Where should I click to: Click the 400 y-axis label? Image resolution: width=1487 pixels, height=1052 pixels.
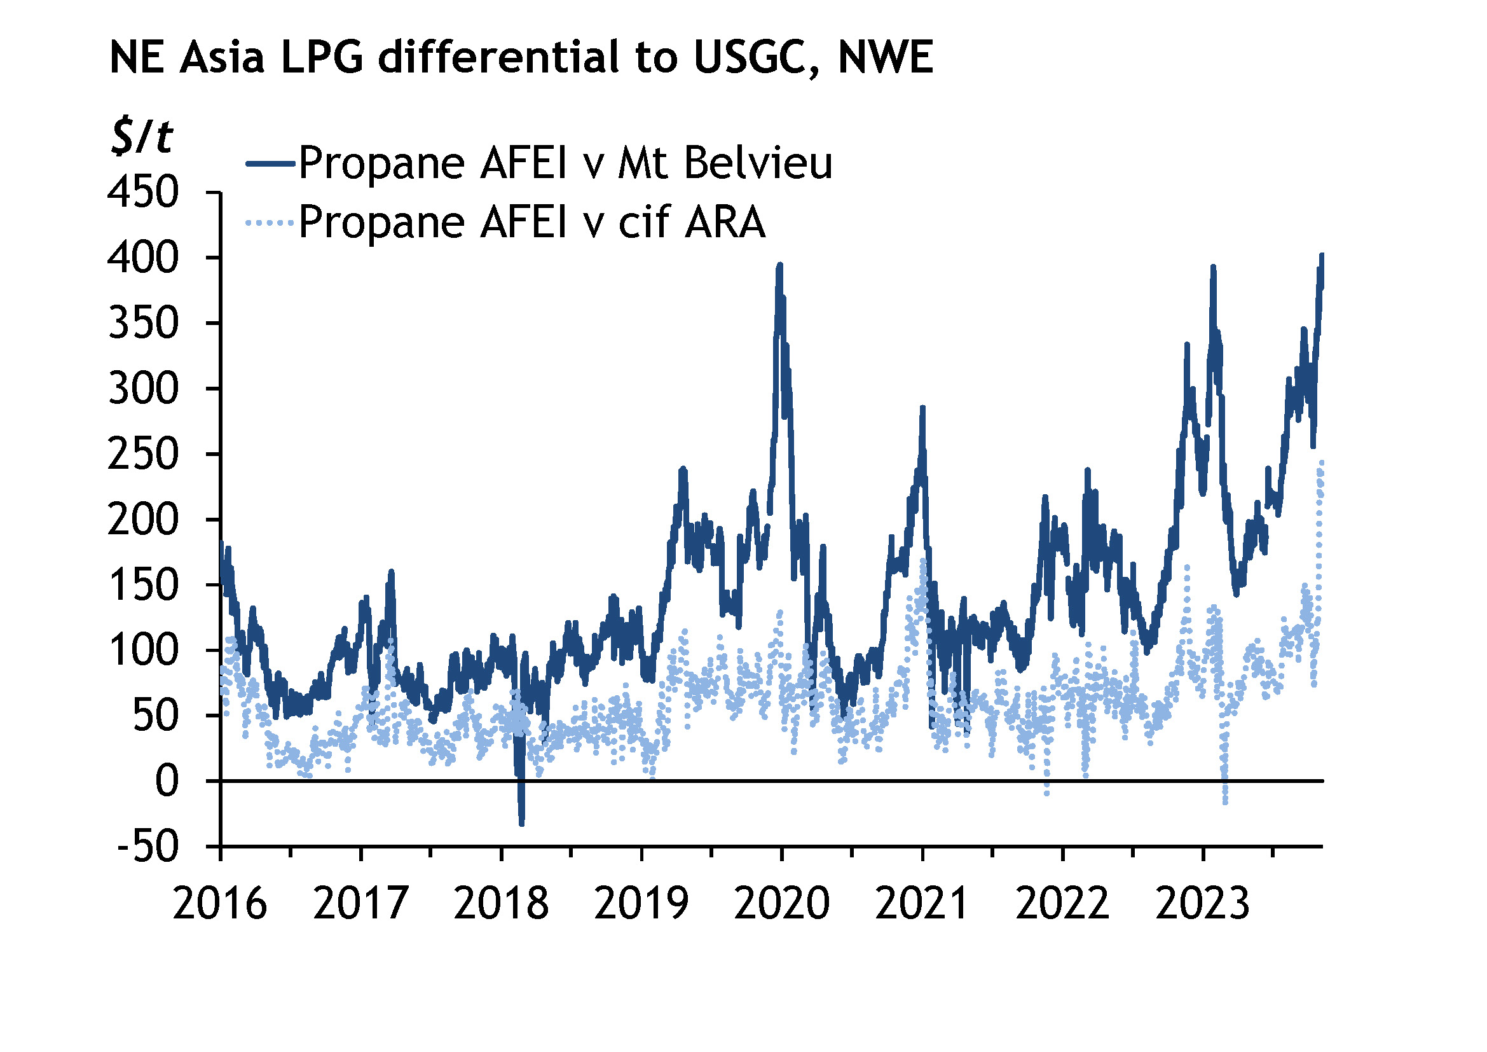[x=143, y=258]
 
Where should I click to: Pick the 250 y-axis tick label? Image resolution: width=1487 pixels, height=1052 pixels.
[x=143, y=454]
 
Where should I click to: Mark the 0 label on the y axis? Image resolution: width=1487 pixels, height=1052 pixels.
[x=167, y=781]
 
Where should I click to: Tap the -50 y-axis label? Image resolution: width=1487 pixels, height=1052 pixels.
[x=147, y=847]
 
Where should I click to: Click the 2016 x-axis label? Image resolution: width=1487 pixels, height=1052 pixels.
[x=219, y=904]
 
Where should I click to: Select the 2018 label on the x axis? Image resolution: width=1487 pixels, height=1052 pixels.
[x=500, y=904]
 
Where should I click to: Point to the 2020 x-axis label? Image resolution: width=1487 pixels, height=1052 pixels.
[x=782, y=904]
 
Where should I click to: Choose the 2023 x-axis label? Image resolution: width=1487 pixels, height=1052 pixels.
[x=1203, y=904]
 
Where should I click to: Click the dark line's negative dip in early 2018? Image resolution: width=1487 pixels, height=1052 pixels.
[x=521, y=821]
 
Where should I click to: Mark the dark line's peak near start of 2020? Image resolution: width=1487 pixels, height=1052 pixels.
[x=780, y=265]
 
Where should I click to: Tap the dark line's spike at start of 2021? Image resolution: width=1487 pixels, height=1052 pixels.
[x=922, y=408]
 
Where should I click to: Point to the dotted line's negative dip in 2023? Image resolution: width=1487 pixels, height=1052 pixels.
[x=1224, y=802]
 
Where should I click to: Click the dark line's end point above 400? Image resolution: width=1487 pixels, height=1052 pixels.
[x=1322, y=255]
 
